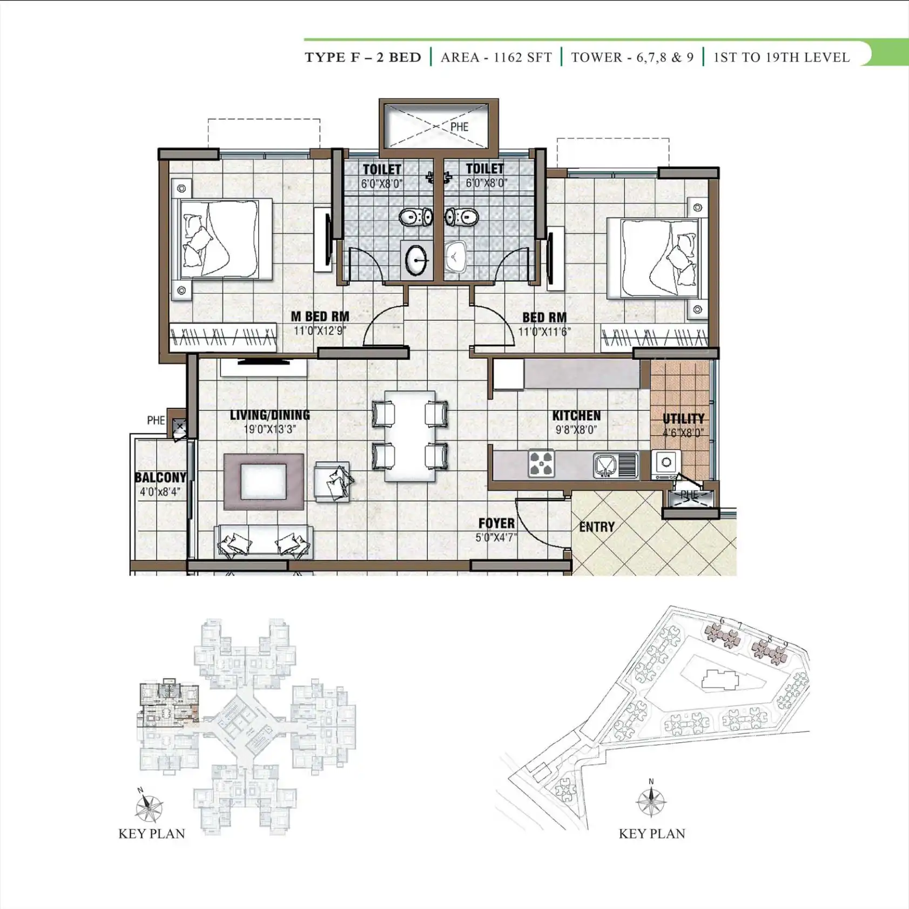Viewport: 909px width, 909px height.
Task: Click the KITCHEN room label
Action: click(576, 415)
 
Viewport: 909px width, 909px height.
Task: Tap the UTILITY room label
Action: click(683, 419)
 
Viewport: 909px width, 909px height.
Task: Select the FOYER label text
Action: click(496, 523)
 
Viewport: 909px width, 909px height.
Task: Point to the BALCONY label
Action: click(160, 477)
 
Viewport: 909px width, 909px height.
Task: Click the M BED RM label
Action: click(320, 317)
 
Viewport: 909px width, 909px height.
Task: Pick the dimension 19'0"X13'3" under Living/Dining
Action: click(270, 429)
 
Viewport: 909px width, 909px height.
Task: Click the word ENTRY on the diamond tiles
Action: click(597, 527)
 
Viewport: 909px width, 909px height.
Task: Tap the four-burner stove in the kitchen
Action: click(541, 463)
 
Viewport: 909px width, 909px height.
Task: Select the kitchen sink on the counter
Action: click(615, 465)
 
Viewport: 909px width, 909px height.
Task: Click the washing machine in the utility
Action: click(666, 463)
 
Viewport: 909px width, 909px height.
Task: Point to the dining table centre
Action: click(410, 436)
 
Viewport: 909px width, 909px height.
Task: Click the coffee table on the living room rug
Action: click(264, 481)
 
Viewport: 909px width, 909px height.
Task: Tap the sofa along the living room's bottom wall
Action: click(264, 541)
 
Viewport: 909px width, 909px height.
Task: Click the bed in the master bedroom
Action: click(222, 239)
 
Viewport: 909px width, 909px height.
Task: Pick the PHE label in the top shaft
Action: click(459, 127)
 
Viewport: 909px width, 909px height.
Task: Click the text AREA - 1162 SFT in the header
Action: click(496, 57)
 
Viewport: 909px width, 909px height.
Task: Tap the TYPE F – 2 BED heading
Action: click(363, 57)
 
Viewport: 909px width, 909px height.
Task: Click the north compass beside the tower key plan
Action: click(148, 807)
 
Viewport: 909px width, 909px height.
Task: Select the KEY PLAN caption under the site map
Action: click(652, 833)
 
